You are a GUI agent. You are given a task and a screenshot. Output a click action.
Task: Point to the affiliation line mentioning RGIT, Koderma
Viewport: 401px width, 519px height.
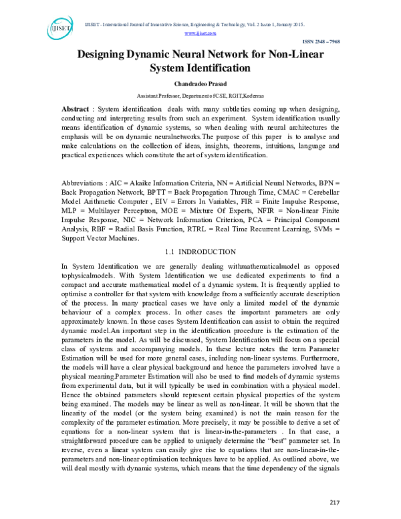coord(200,96)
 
